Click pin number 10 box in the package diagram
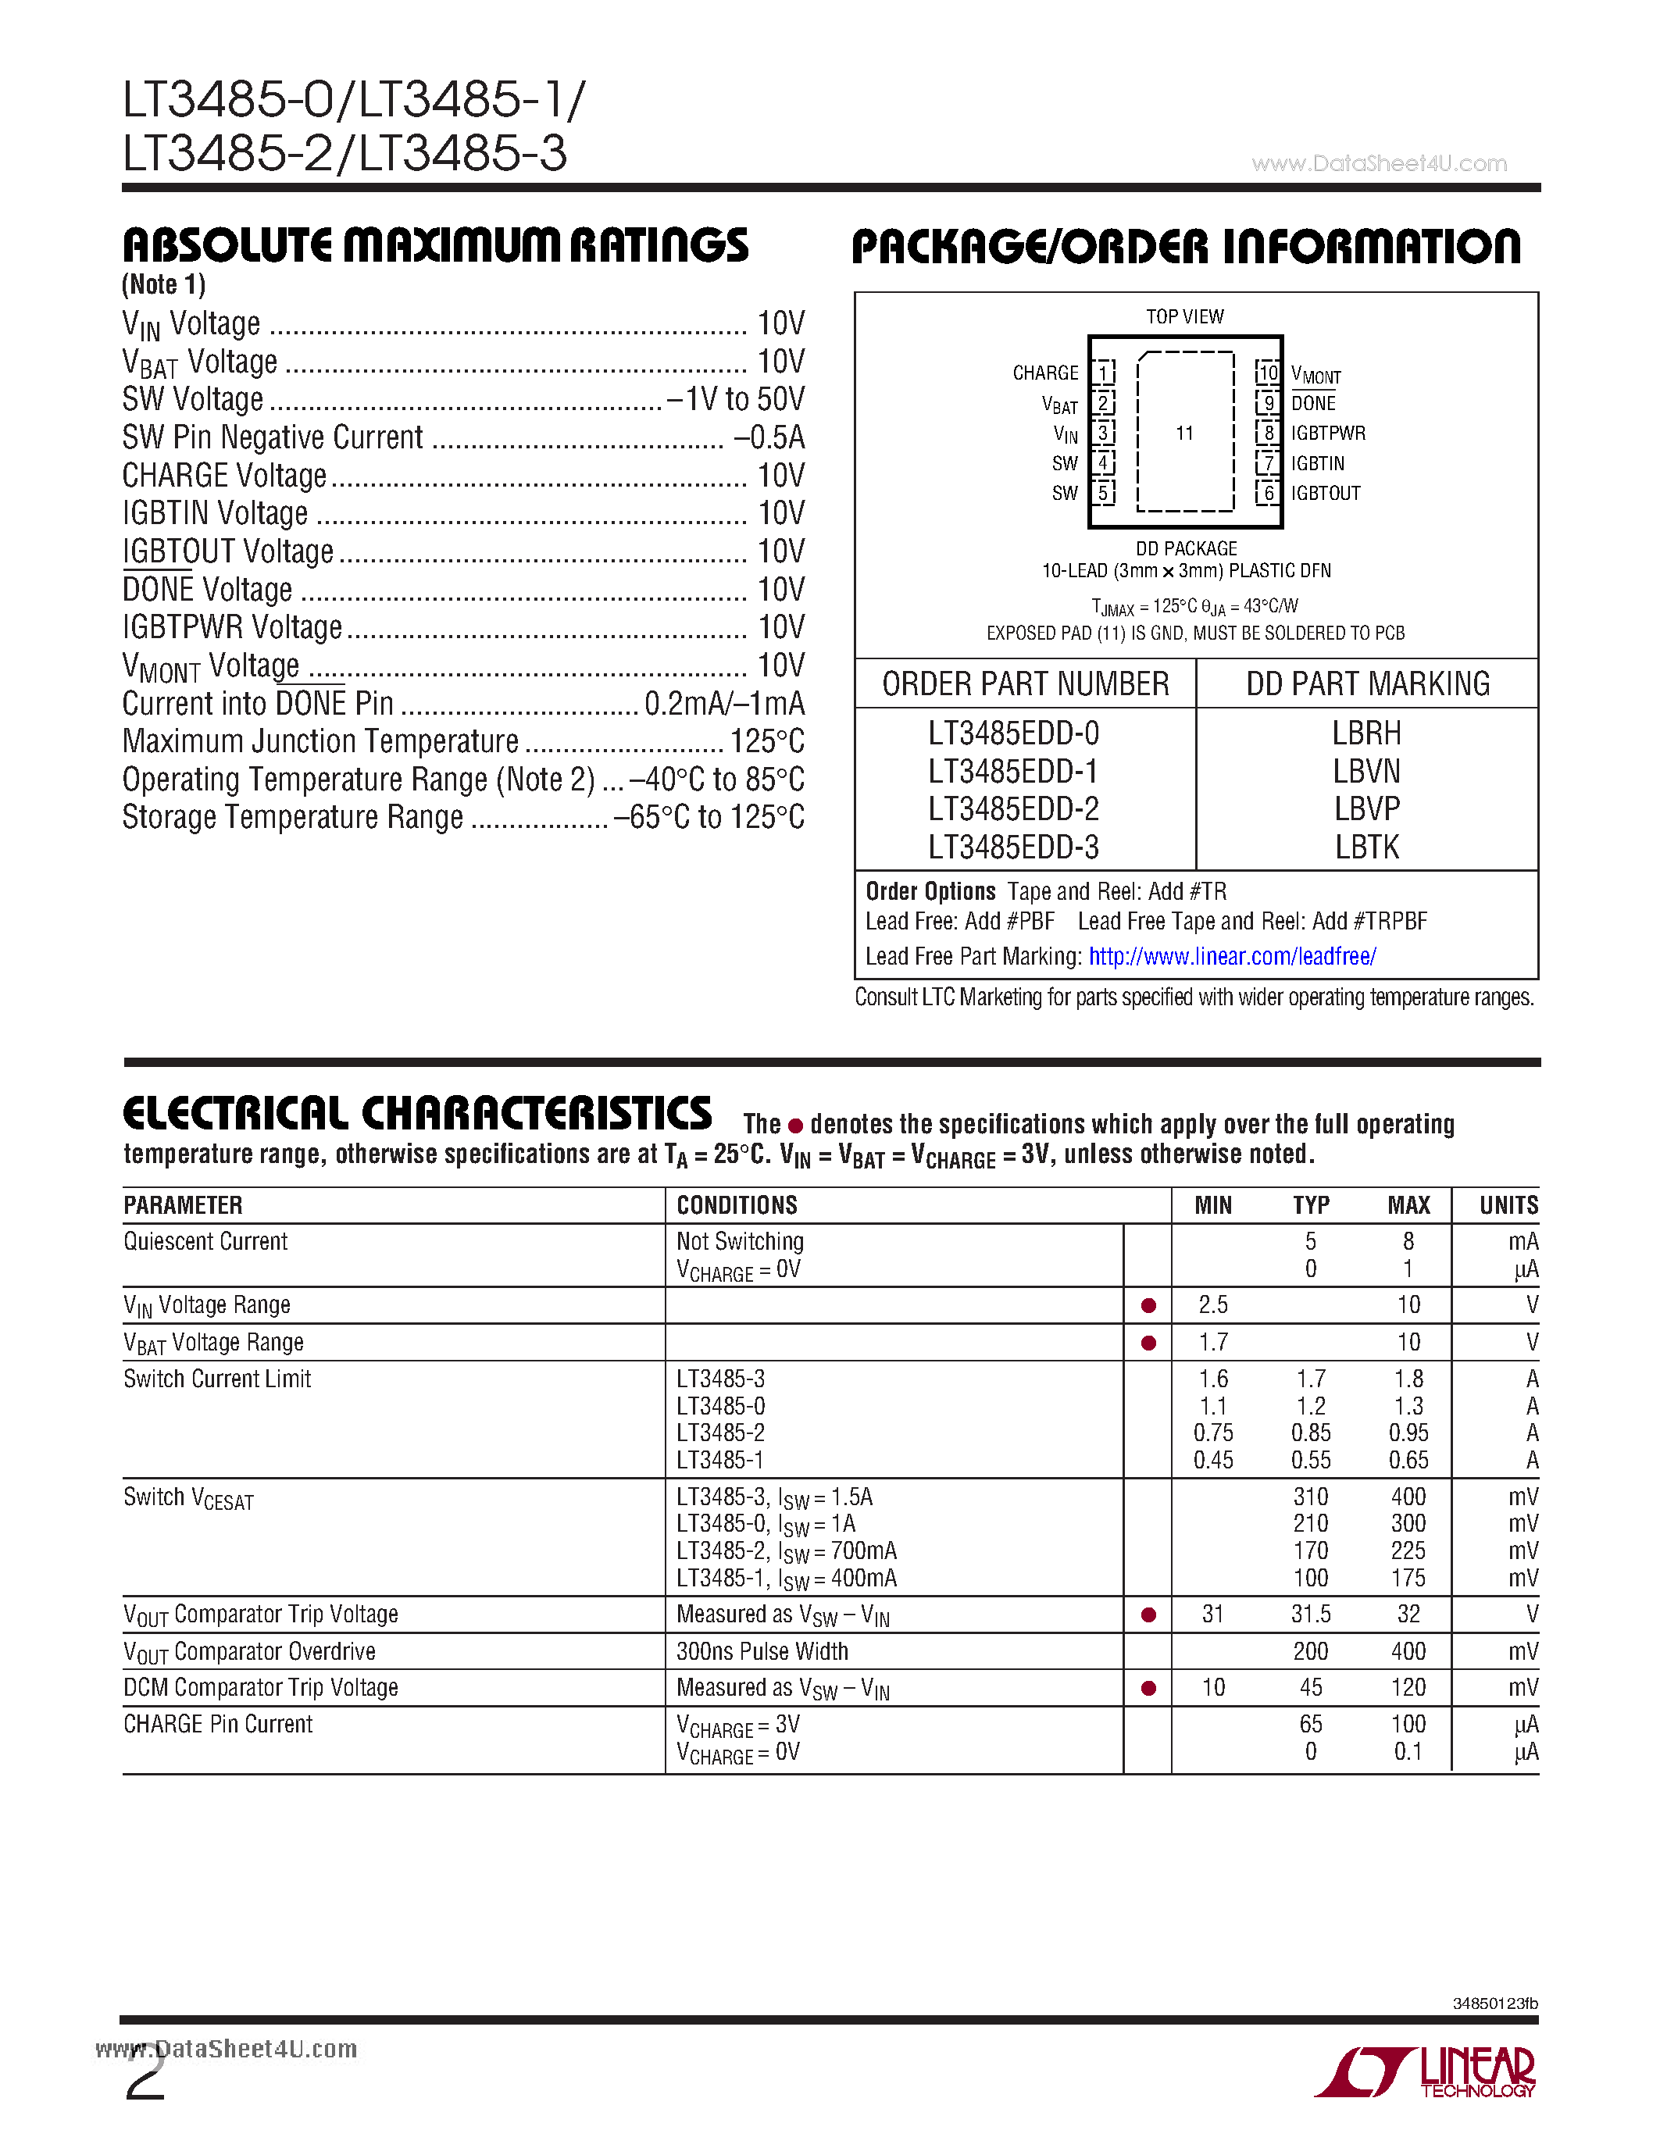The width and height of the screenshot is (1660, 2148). [1268, 373]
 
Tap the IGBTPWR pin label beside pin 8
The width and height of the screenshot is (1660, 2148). [1327, 433]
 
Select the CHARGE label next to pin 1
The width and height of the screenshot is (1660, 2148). [1045, 373]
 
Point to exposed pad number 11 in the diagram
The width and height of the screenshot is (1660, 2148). [1184, 433]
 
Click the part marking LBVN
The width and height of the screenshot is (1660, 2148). [1366, 771]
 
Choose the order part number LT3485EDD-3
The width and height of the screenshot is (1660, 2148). [1013, 847]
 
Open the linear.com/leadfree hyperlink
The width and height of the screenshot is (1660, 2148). [1232, 956]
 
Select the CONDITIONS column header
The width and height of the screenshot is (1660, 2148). [737, 1204]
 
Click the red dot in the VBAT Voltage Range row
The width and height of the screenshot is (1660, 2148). [1148, 1343]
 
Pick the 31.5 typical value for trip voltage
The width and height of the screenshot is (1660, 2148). [1310, 1614]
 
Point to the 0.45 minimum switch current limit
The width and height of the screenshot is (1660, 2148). [1212, 1461]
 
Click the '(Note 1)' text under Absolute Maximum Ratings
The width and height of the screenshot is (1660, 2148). [163, 285]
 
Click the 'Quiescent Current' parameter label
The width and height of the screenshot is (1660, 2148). [205, 1241]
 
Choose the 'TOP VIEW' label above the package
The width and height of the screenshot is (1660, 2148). [1184, 316]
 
